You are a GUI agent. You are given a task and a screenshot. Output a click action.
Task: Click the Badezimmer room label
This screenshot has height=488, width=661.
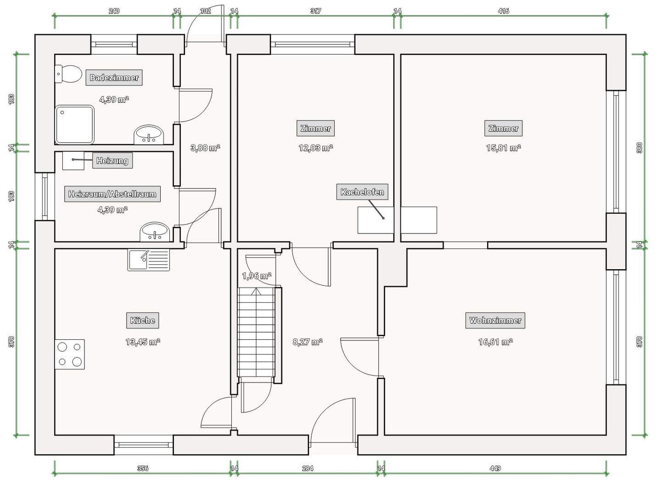pos(114,78)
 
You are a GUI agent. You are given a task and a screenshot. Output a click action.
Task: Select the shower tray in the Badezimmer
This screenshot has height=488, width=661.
pos(74,124)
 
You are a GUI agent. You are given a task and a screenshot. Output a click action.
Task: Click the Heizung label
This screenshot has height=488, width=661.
pos(112,161)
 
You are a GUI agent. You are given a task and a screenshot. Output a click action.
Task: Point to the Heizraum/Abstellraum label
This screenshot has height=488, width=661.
pos(112,194)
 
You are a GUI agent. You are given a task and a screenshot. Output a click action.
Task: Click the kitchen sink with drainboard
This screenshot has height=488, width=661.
pos(149,260)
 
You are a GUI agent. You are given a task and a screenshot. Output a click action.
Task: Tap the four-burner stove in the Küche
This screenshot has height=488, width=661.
pos(70,355)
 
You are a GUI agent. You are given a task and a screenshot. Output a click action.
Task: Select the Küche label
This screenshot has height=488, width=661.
pos(142,321)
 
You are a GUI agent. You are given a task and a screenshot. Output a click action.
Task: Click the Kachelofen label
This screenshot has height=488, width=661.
pos(362,192)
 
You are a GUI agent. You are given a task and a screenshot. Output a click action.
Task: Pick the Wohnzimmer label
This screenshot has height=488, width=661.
pos(495,321)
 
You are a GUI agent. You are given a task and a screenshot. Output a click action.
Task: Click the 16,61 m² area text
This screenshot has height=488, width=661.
pos(495,342)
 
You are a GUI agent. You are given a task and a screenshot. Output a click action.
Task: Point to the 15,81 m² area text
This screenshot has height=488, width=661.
pos(504,148)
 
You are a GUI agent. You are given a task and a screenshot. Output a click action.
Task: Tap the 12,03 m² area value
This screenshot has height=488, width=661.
pos(316,148)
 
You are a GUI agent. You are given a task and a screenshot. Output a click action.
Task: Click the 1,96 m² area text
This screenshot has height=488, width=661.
pos(257,276)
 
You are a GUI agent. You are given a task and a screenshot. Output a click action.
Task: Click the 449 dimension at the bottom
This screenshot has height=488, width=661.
pos(495,468)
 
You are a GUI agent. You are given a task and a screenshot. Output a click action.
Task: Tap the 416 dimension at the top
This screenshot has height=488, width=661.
pos(504,11)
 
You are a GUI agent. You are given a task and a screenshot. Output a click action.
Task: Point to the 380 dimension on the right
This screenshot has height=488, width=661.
pos(639,148)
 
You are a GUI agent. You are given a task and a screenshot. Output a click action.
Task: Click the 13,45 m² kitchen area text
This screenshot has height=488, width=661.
pos(143,342)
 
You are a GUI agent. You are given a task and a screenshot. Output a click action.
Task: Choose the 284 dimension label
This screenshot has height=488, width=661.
pos(308,468)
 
